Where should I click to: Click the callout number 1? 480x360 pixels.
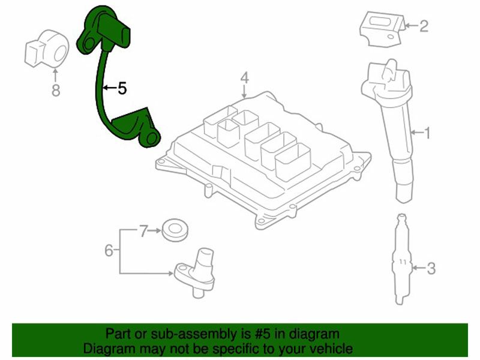426,133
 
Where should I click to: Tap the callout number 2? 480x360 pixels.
424,26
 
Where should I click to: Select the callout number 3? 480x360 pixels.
431,268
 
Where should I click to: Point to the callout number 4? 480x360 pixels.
244,78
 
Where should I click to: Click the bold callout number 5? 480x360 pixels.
122,88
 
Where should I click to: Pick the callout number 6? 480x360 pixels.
109,250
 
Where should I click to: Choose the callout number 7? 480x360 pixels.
143,231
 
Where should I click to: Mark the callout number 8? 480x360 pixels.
56,91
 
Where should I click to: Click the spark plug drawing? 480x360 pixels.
402,260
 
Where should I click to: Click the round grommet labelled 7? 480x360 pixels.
175,230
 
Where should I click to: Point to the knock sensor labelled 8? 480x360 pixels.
47,49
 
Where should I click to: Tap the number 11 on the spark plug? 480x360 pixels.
403,262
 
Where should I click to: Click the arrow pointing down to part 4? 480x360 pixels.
244,91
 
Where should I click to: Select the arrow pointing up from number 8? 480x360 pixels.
55,76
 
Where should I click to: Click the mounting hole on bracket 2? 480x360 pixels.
391,37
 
